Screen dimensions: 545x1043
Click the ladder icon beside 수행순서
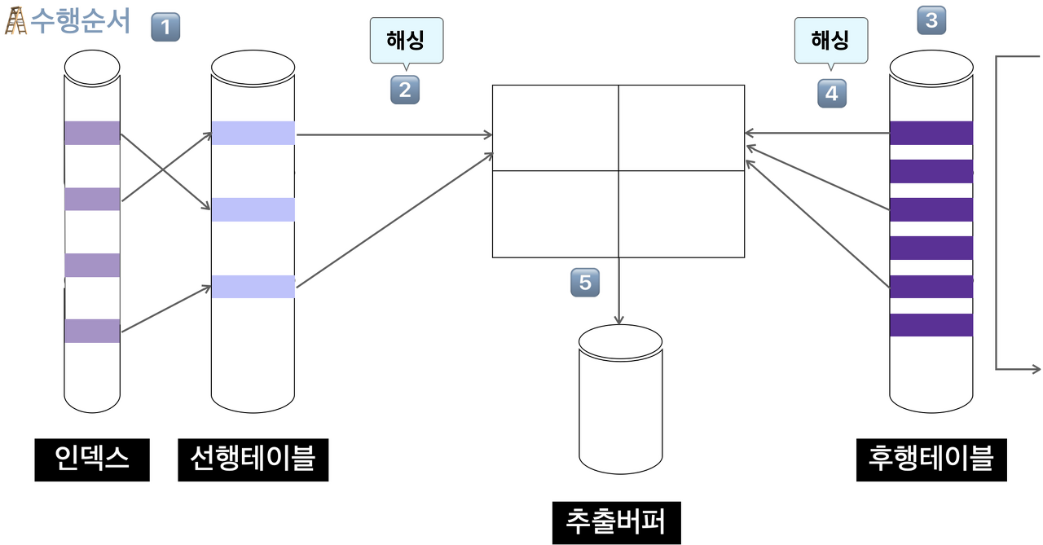[15, 20]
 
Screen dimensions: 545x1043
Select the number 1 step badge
[165, 29]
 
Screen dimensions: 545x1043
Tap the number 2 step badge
[405, 90]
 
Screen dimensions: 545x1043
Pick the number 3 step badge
[931, 20]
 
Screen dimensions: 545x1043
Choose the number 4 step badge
[831, 94]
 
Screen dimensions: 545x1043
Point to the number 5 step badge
[584, 283]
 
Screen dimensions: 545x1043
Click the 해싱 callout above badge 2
[407, 39]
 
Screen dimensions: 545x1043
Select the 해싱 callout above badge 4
[831, 39]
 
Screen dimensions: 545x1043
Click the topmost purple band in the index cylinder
[92, 133]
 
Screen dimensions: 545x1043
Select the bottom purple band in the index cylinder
[92, 331]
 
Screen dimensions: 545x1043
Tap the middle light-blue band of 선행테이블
[253, 209]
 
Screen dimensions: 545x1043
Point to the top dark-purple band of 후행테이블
[931, 133]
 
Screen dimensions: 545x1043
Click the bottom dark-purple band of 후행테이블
[931, 325]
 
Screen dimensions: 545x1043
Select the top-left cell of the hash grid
[555, 128]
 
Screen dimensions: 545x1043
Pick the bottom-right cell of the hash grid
[681, 214]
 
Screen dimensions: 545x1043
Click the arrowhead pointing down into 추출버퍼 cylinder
[619, 320]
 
